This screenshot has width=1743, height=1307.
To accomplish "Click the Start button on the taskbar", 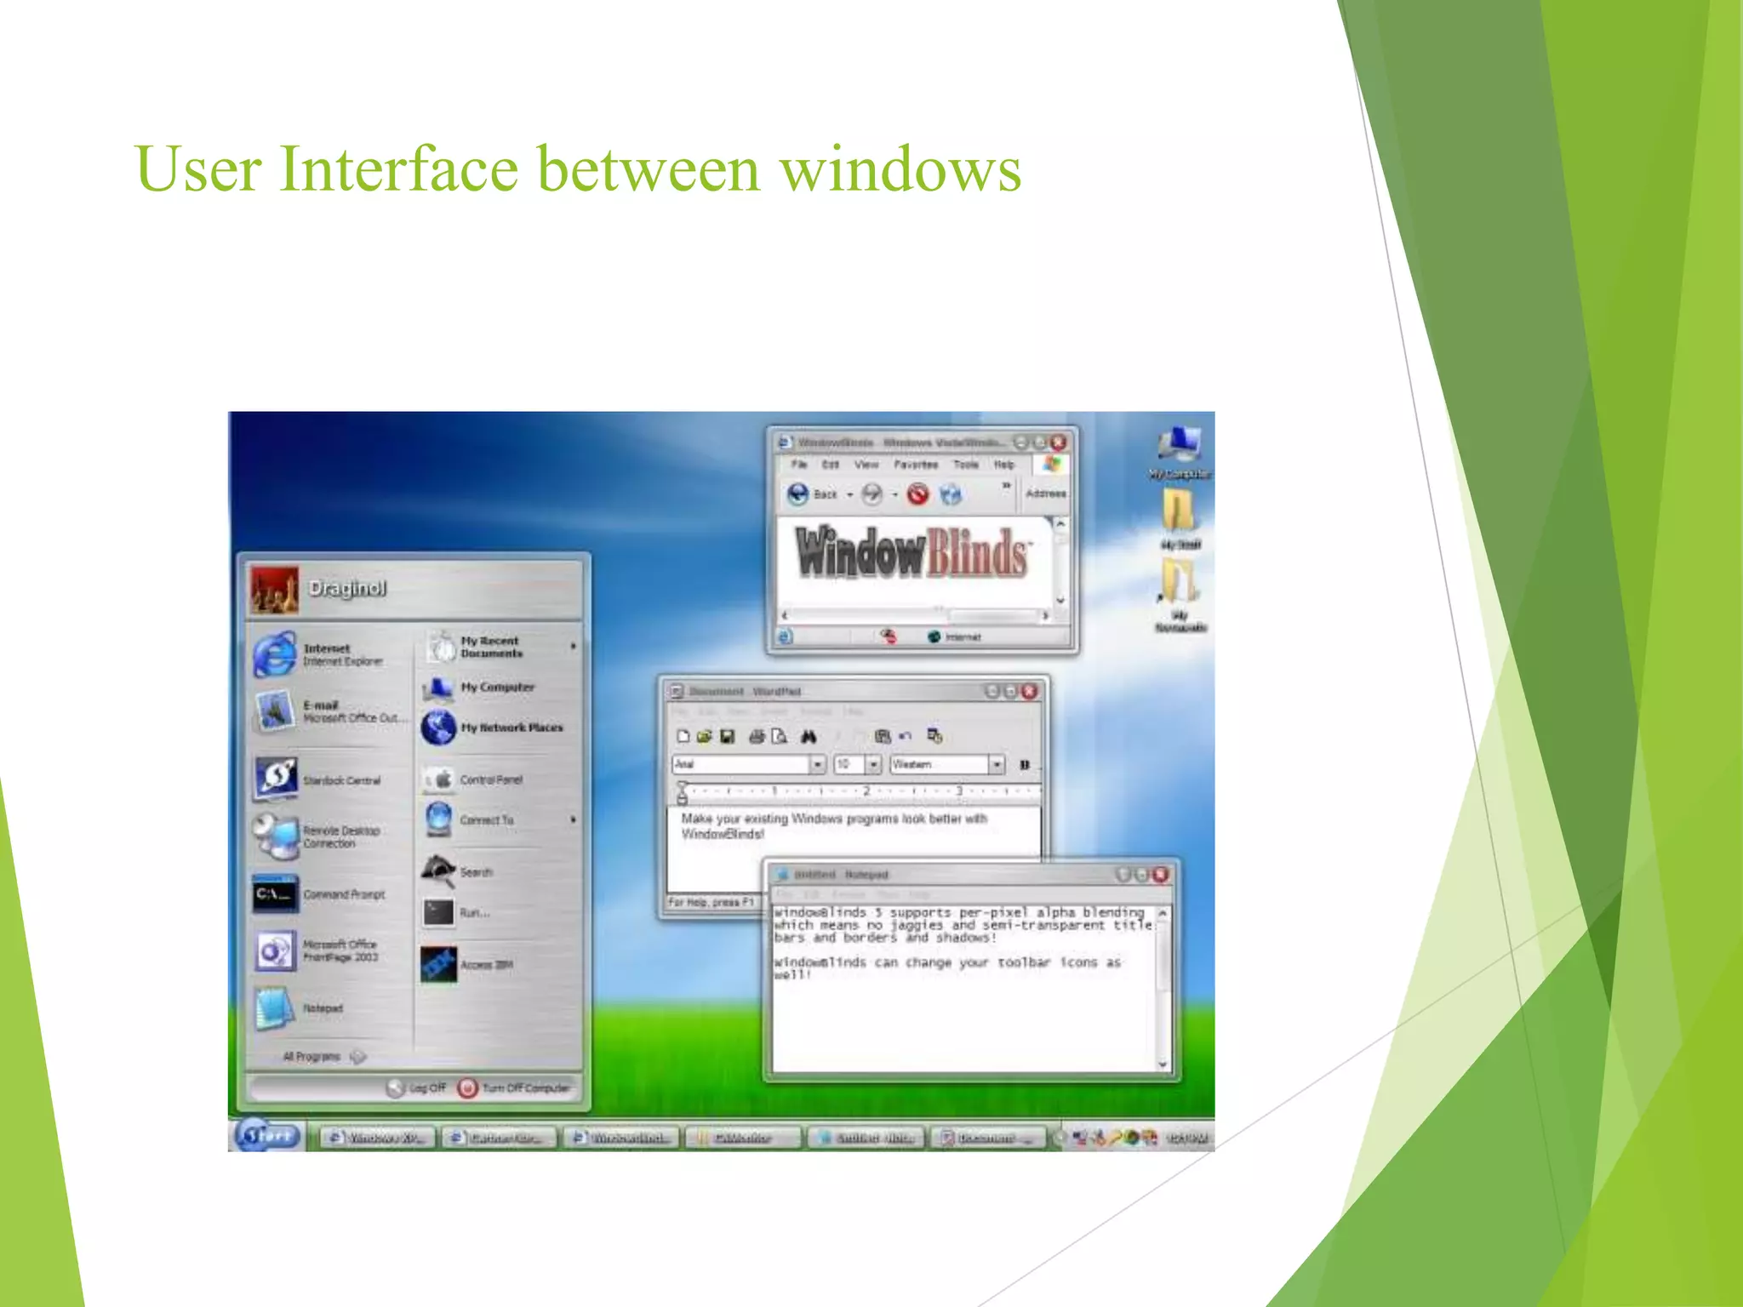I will pyautogui.click(x=268, y=1135).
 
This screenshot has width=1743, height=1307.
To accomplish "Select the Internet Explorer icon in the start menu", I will pyautogui.click(x=275, y=653).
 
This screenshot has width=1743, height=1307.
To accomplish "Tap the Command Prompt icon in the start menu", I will pyautogui.click(x=275, y=893).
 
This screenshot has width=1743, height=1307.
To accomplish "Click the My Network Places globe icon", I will pyautogui.click(x=439, y=728).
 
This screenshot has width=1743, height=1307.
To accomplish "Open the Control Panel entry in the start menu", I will pyautogui.click(x=490, y=779).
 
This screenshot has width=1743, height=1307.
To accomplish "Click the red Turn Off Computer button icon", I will pyautogui.click(x=467, y=1087).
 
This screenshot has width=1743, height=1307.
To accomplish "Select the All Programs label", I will pyautogui.click(x=311, y=1056).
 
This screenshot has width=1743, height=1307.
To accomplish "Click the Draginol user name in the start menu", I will pyautogui.click(x=347, y=588).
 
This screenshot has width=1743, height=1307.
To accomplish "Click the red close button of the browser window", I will pyautogui.click(x=1058, y=442).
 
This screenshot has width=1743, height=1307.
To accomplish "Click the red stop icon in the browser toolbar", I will pyautogui.click(x=917, y=494).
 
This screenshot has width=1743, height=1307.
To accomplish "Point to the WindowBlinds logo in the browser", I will pyautogui.click(x=911, y=553).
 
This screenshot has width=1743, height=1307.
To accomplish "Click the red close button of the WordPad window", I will pyautogui.click(x=1029, y=691).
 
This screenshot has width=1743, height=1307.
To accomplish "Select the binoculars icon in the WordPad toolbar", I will pyautogui.click(x=808, y=736).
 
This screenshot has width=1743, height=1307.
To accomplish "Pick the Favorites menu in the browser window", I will pyautogui.click(x=915, y=465).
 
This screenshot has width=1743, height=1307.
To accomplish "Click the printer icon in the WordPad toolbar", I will pyautogui.click(x=756, y=736).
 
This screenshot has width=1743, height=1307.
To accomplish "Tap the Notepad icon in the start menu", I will pyautogui.click(x=273, y=1007).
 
